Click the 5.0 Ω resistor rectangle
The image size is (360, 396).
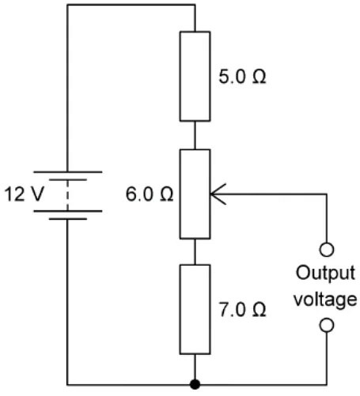pyautogui.click(x=194, y=77)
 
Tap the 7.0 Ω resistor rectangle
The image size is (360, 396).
pyautogui.click(x=194, y=309)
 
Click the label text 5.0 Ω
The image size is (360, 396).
pyautogui.click(x=241, y=79)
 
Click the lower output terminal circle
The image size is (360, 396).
pyautogui.click(x=325, y=326)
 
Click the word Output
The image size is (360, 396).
pyautogui.click(x=324, y=273)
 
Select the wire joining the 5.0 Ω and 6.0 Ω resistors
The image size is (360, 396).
pyautogui.click(x=194, y=134)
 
